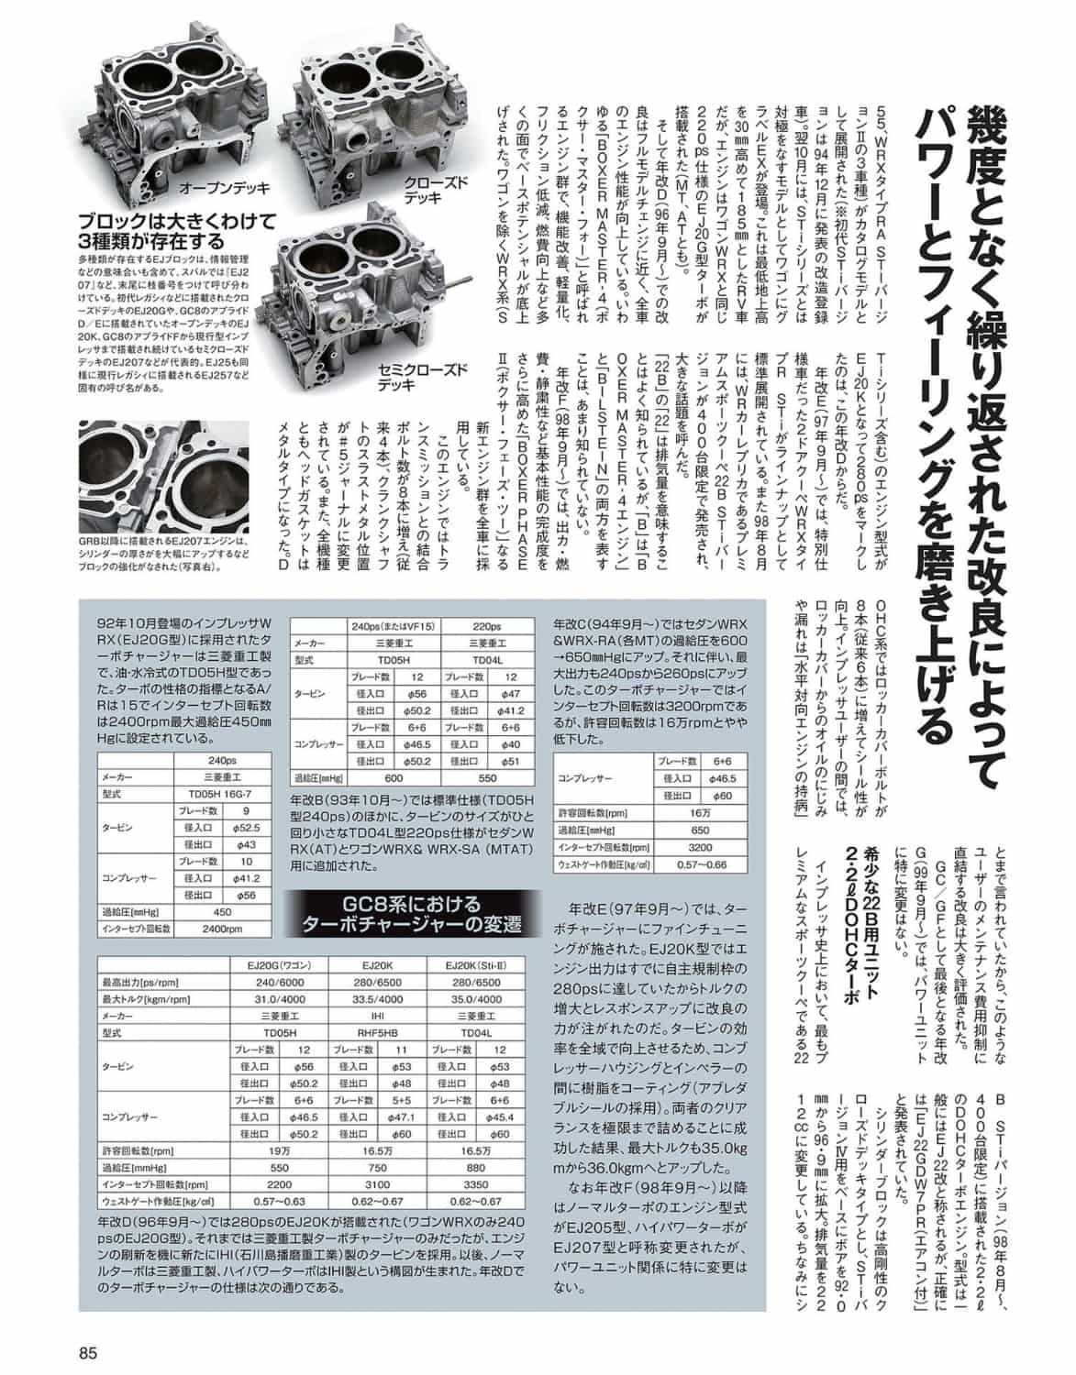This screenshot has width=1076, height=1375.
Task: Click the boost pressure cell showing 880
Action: (x=475, y=1169)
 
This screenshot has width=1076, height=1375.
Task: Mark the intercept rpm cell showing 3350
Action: (x=475, y=1184)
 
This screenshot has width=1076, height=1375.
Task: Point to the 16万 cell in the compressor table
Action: (x=700, y=812)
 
